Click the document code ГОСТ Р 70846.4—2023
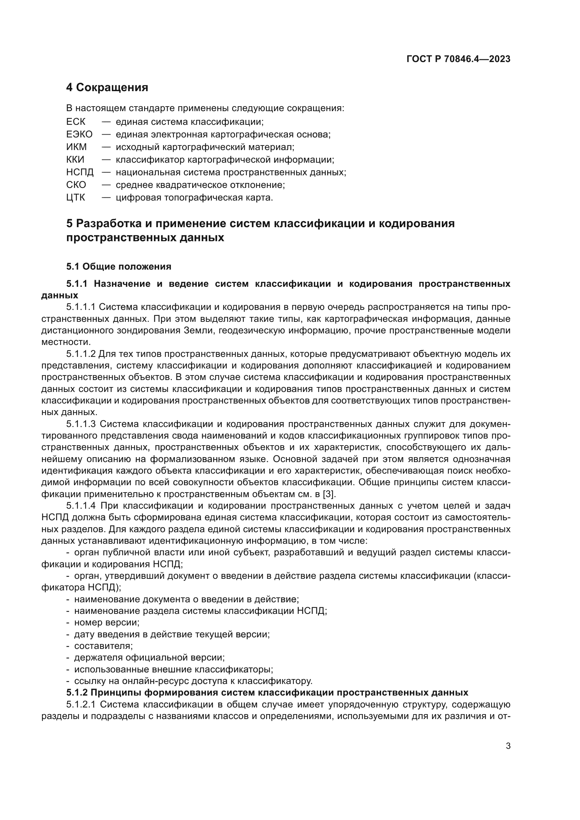tap(458, 59)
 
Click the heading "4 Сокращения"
tap(107, 87)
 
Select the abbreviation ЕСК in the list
tap(76, 122)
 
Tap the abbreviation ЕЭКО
tap(79, 135)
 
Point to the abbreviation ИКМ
tap(76, 147)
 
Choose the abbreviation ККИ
tap(75, 160)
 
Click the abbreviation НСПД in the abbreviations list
tap(80, 172)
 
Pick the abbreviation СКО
tap(76, 185)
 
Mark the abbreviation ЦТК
tap(76, 197)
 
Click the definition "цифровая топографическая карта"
tap(194, 197)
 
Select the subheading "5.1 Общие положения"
tap(119, 266)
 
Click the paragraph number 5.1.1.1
tap(81, 307)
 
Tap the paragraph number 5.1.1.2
tap(81, 354)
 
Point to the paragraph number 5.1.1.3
tap(81, 424)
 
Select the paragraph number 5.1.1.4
tap(81, 506)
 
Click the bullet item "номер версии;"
tap(107, 623)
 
